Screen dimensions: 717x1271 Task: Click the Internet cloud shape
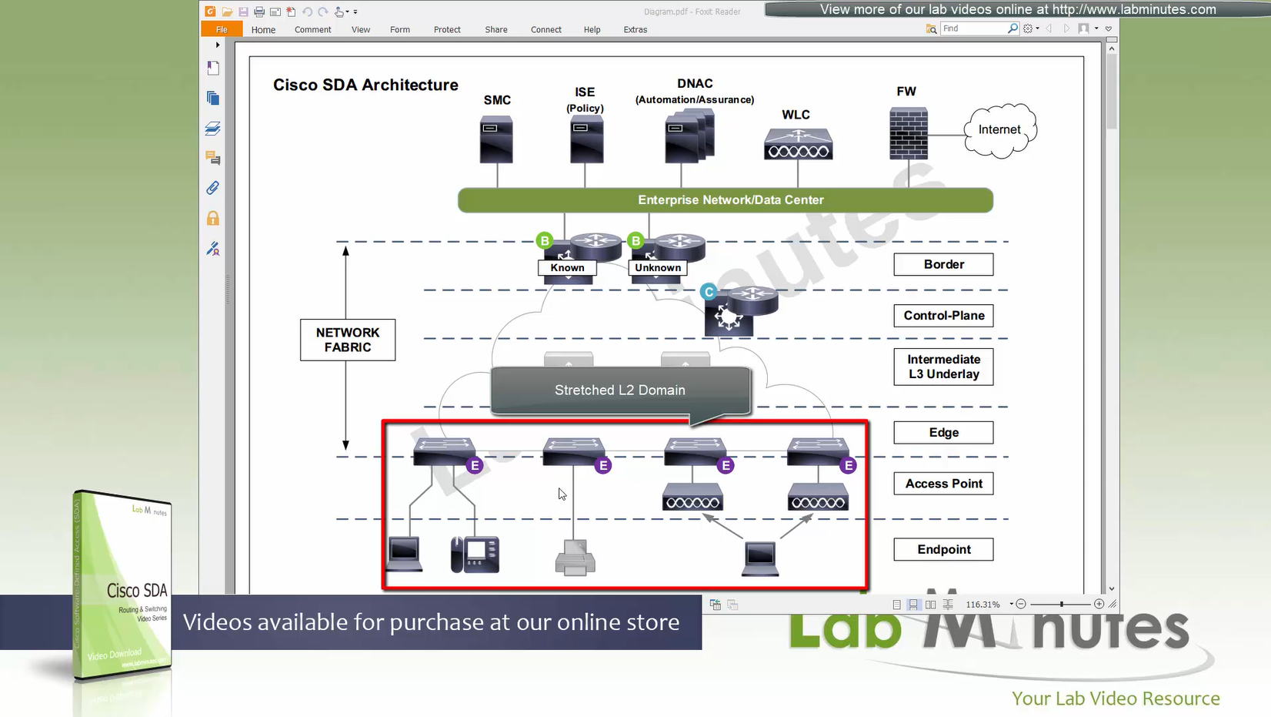click(x=1000, y=130)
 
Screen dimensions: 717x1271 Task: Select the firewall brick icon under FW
click(x=908, y=134)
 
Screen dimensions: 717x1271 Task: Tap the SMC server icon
click(x=496, y=139)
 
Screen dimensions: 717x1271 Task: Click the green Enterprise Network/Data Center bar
click(x=725, y=200)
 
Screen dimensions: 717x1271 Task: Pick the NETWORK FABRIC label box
click(x=348, y=340)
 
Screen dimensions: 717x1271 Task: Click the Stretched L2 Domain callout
click(x=620, y=390)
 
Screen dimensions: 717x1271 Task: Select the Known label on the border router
click(x=567, y=268)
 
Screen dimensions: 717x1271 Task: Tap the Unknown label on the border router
click(x=658, y=268)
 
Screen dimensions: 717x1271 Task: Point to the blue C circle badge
click(x=709, y=292)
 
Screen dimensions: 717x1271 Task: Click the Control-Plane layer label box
click(x=943, y=316)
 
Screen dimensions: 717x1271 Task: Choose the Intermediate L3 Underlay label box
click(x=943, y=367)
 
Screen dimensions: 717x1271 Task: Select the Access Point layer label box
click(x=943, y=484)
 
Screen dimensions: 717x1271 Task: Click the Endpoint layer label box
click(x=943, y=549)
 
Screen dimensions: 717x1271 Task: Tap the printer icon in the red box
click(x=575, y=558)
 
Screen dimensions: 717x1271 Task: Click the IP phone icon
click(x=475, y=555)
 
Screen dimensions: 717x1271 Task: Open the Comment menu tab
click(x=312, y=30)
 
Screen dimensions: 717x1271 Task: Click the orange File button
click(x=222, y=30)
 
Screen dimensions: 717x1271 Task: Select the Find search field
click(x=973, y=28)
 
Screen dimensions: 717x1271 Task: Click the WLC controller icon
click(x=798, y=144)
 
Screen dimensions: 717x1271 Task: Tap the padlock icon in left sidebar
click(x=213, y=219)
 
